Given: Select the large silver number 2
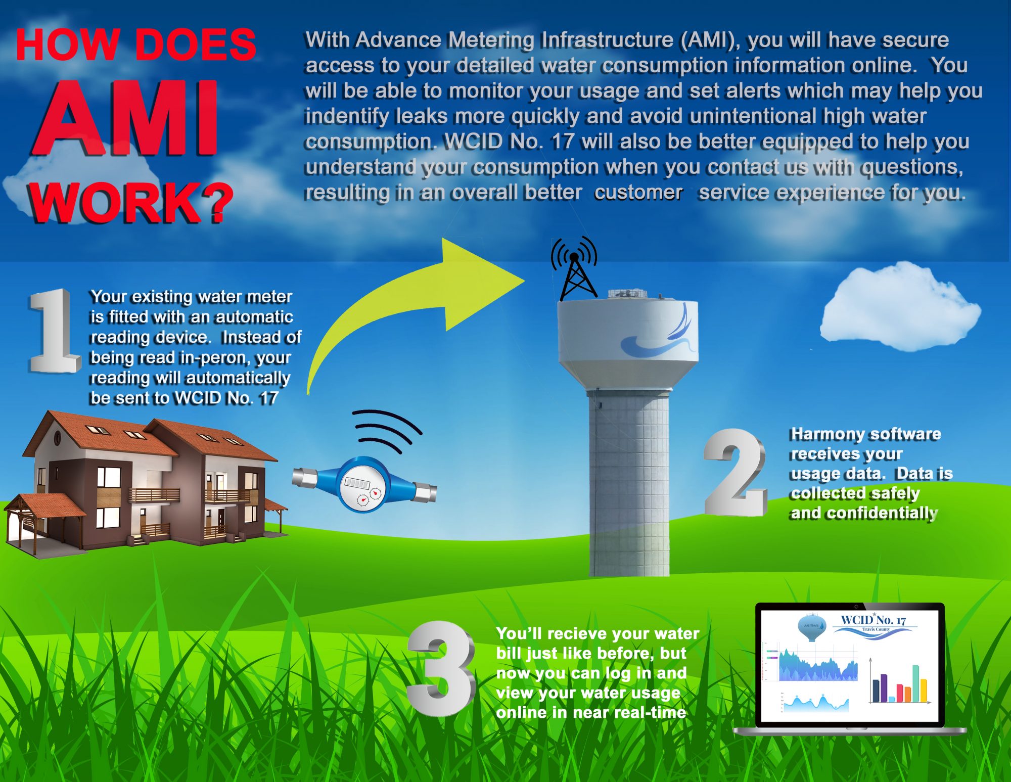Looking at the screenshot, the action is coord(736,472).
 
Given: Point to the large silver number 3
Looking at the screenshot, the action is coord(441,668).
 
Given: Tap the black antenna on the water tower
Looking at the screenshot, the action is coord(574,268).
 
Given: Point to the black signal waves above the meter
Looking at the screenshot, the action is coord(387,430).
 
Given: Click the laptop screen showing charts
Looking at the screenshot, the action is coord(850,666).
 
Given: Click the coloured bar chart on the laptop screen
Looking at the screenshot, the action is coord(900,682).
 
